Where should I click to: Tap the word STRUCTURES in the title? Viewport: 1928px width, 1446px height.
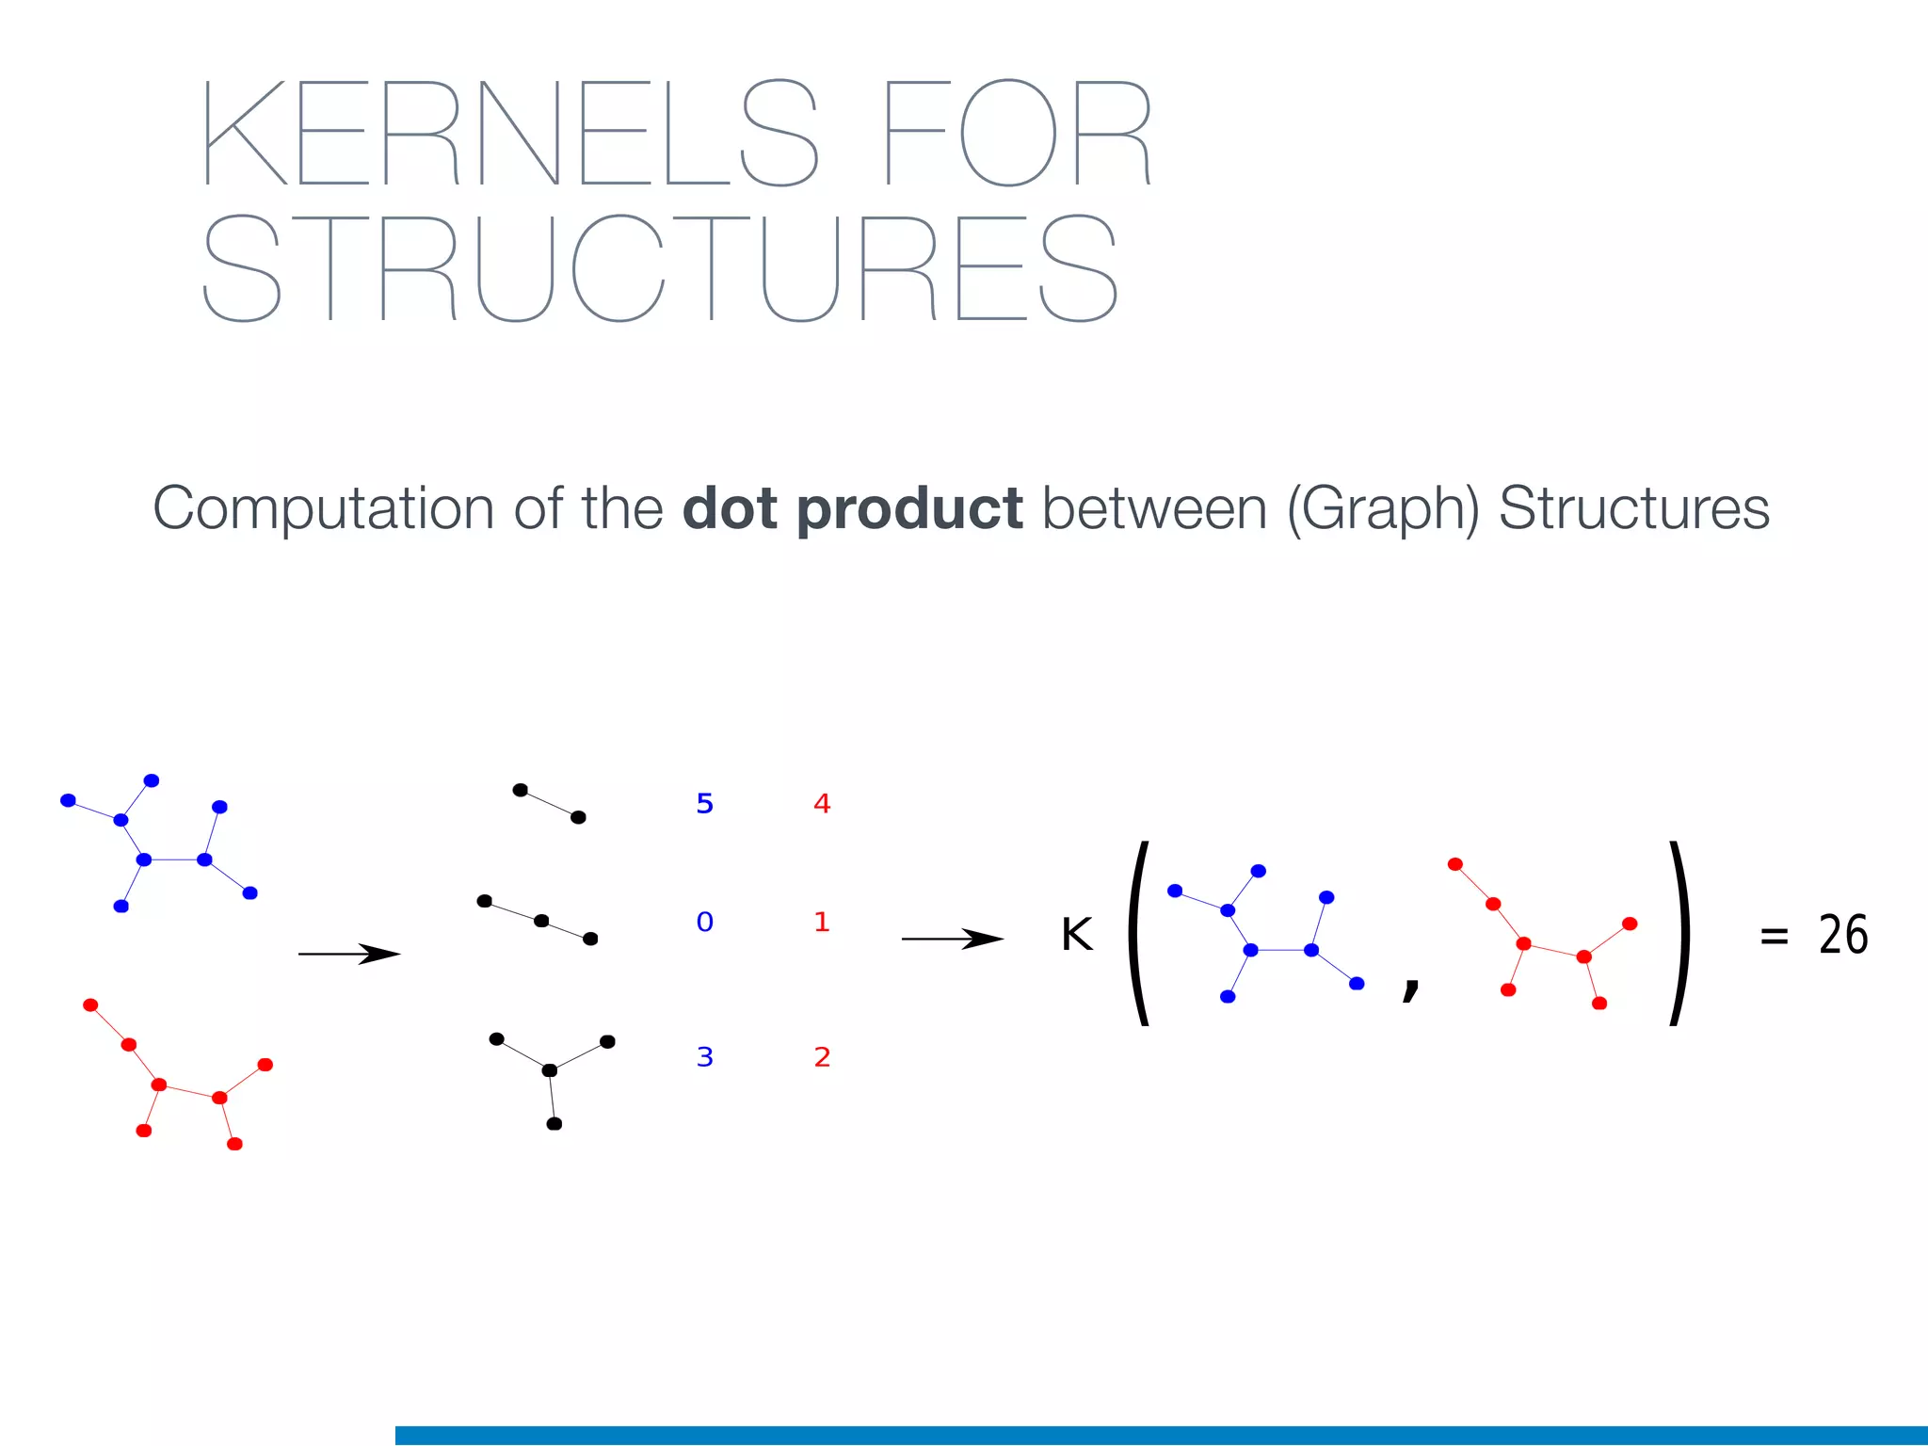(x=659, y=268)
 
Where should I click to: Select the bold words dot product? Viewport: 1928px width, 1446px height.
(x=852, y=508)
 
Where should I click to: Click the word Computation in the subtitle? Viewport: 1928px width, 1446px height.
(x=323, y=508)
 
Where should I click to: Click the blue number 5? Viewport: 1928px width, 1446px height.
(x=704, y=804)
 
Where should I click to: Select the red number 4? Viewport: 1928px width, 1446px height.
(x=822, y=804)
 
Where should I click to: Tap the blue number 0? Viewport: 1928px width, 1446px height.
(x=704, y=922)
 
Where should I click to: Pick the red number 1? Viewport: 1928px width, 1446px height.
(x=822, y=922)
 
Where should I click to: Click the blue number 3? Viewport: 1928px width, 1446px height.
(x=704, y=1057)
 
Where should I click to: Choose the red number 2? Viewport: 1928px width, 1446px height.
(x=822, y=1057)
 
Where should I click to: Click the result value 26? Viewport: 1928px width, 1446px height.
(x=1842, y=935)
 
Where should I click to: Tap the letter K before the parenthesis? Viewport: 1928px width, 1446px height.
(x=1076, y=935)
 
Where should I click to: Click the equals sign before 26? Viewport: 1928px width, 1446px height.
(x=1774, y=936)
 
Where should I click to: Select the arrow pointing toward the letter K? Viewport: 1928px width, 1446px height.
(x=952, y=939)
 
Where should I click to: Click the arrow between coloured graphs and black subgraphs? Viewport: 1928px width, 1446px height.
(x=348, y=954)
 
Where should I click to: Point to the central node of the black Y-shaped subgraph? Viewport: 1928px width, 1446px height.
(x=550, y=1070)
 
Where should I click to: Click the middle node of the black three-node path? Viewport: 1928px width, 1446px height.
(x=541, y=921)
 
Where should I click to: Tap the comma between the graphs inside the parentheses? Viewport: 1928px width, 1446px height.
(x=1410, y=987)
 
